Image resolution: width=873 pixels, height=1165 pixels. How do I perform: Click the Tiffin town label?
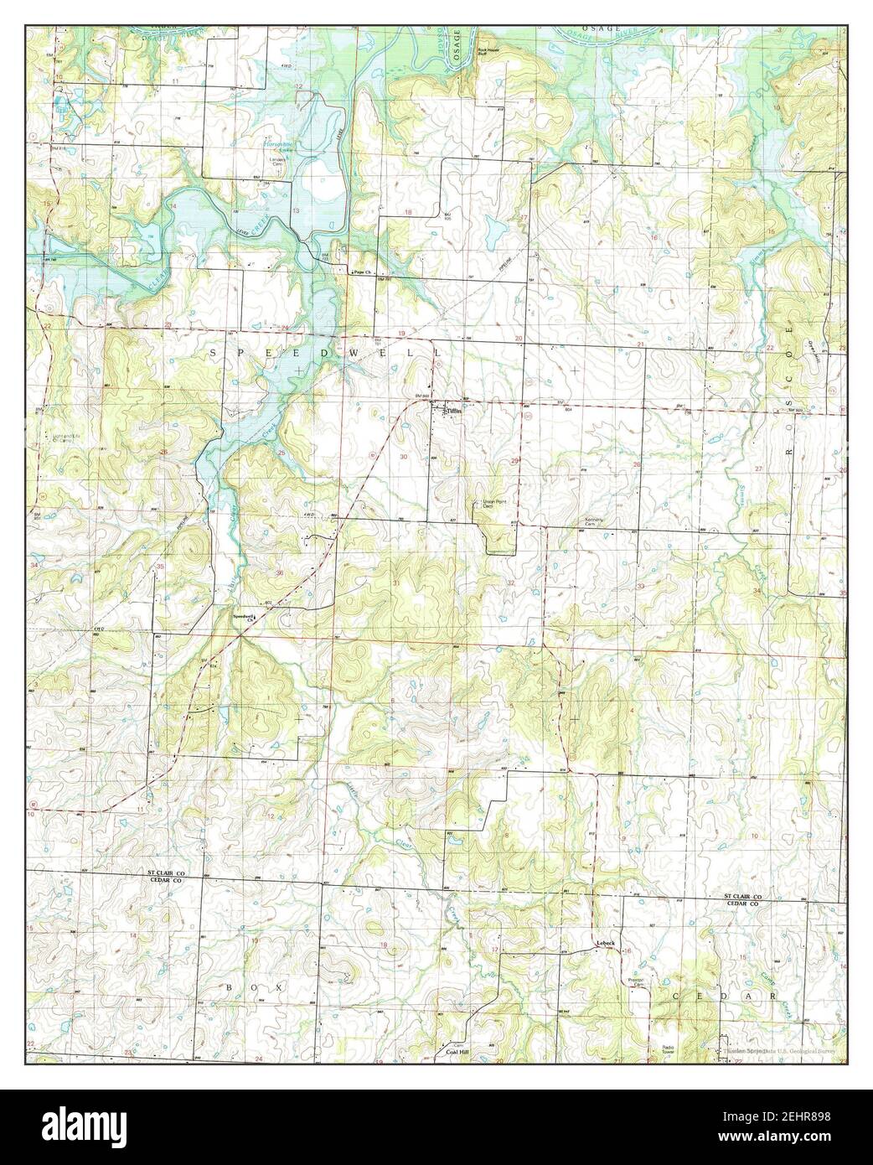(x=453, y=411)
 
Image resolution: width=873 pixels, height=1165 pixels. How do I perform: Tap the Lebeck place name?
(x=605, y=943)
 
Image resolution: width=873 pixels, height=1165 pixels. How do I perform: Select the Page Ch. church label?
(x=361, y=272)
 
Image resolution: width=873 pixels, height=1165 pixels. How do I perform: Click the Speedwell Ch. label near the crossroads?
(x=245, y=619)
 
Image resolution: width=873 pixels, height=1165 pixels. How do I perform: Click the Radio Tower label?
(x=668, y=1050)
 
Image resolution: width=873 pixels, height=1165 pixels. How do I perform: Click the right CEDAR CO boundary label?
(x=741, y=904)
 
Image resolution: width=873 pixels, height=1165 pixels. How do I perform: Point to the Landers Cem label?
(x=277, y=162)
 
